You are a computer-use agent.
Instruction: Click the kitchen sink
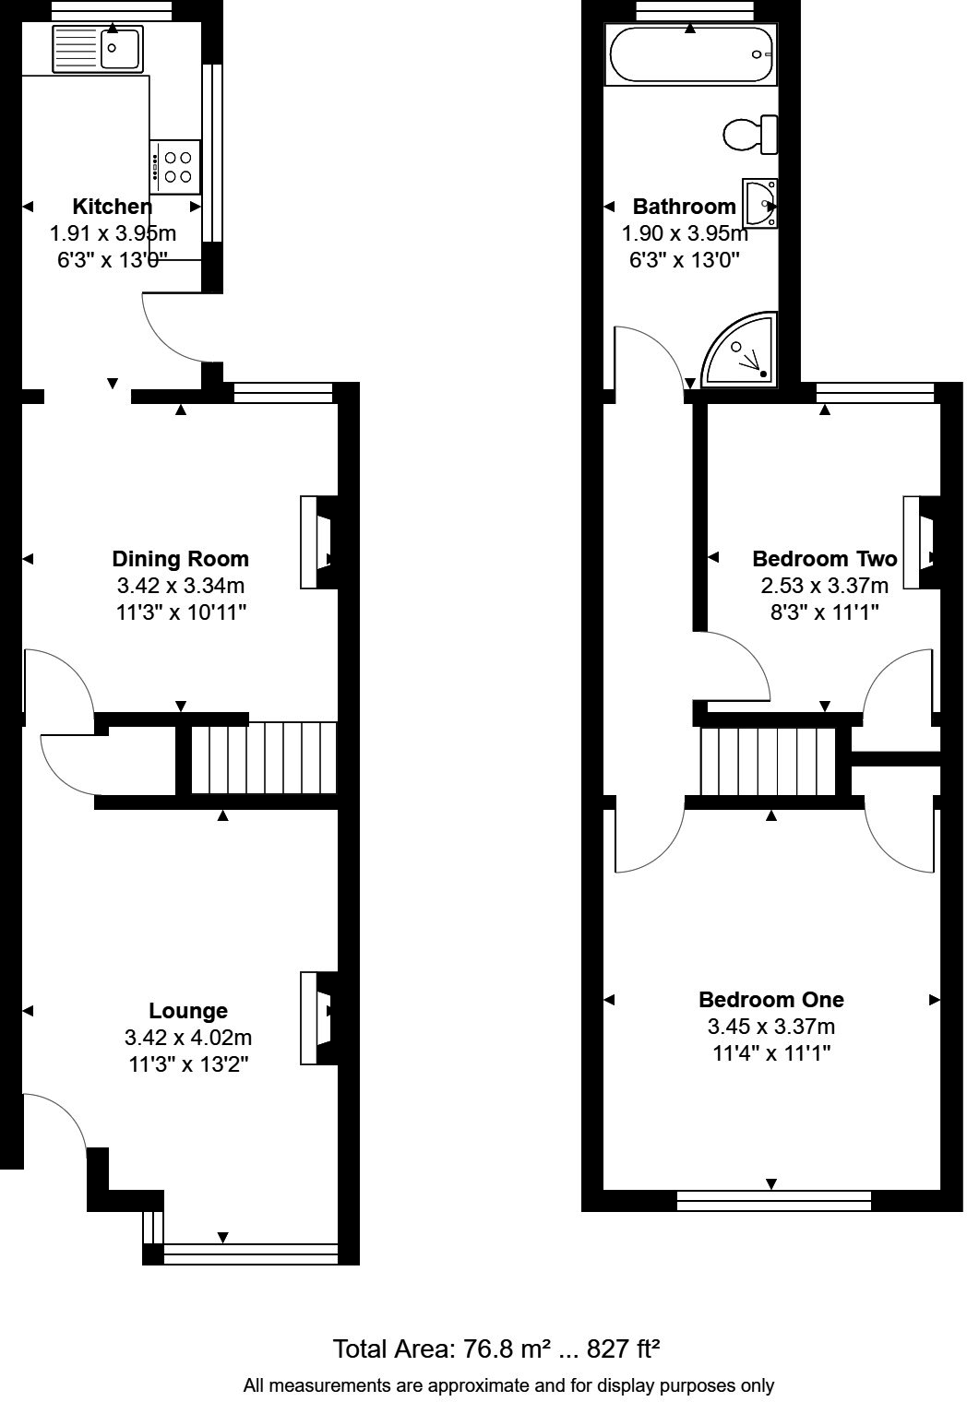pos(97,48)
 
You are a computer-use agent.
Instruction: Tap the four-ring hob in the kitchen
pos(174,166)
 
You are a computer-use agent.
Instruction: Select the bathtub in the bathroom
pos(690,54)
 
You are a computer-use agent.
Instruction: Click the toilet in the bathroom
pos(750,135)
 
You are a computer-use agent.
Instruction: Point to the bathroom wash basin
pos(761,202)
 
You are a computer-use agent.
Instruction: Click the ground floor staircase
pos(264,758)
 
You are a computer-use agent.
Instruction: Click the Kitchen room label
pos(112,206)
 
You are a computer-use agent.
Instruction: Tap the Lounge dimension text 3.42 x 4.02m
pos(188,1038)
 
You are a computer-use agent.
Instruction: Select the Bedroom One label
pos(770,999)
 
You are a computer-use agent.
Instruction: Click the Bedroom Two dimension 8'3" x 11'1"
pos(824,611)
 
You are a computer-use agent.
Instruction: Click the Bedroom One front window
pos(773,1200)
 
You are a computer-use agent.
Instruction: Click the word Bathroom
pos(684,206)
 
